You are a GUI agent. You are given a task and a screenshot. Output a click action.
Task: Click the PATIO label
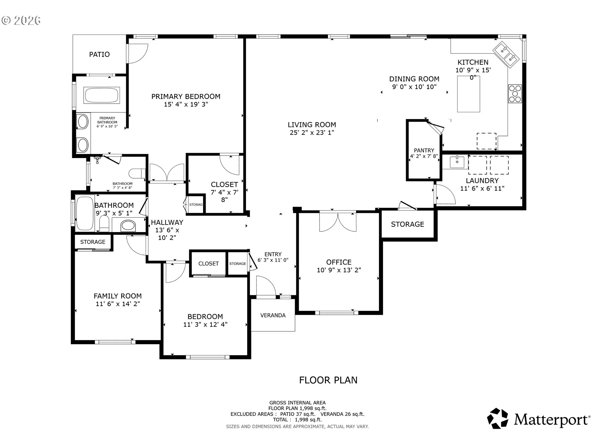[99, 54]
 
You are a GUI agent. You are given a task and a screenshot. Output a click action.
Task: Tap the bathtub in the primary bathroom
[101, 95]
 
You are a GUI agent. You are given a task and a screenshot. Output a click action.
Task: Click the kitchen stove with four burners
[515, 94]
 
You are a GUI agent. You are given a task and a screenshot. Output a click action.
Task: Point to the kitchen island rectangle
[469, 94]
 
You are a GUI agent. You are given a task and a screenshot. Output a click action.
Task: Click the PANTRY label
[424, 150]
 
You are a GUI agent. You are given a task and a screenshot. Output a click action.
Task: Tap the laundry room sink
[457, 162]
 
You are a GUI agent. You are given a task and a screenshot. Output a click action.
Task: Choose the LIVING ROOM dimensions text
[312, 133]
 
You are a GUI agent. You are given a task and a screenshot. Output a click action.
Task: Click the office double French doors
[338, 222]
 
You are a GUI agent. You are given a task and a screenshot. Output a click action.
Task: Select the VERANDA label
[273, 315]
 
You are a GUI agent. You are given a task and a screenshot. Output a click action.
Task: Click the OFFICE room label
[339, 262]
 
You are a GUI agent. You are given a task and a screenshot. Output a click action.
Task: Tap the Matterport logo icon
[497, 418]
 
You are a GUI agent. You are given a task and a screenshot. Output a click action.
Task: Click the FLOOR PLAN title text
[328, 380]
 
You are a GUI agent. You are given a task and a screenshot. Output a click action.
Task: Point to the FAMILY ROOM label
[118, 296]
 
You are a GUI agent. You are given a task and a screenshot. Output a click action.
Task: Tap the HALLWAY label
[167, 222]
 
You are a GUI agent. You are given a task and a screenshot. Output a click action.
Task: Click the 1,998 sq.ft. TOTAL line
[297, 420]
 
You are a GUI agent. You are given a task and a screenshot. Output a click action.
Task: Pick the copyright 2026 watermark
[21, 21]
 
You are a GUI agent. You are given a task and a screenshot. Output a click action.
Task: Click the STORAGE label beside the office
[408, 224]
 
